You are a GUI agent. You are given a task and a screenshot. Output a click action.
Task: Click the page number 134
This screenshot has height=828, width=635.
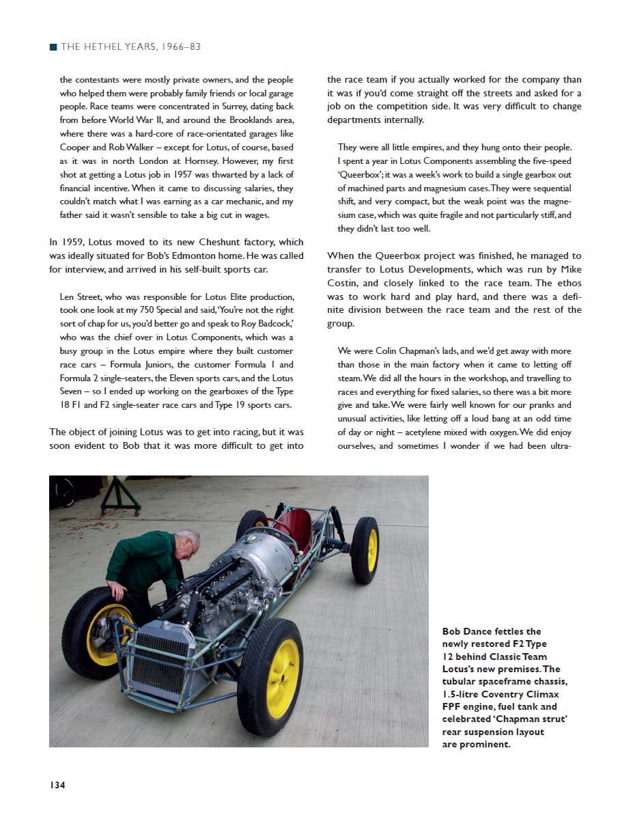[x=57, y=786]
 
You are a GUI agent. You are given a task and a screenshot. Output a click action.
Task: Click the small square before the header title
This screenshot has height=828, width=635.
[x=53, y=47]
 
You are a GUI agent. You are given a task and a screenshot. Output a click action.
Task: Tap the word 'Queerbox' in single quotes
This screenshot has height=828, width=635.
[x=358, y=175]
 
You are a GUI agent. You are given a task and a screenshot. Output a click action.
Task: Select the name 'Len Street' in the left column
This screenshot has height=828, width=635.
[x=81, y=296]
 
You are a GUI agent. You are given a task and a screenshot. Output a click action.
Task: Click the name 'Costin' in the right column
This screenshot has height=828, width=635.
[x=343, y=283]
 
